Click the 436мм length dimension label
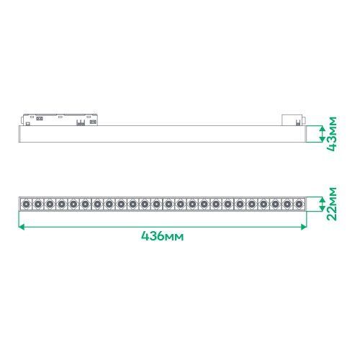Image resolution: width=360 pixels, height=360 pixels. pyautogui.click(x=162, y=236)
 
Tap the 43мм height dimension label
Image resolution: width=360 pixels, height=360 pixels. pyautogui.click(x=332, y=134)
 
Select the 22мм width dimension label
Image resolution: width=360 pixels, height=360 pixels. pyautogui.click(x=332, y=204)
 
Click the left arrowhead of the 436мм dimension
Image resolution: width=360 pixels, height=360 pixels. pyautogui.click(x=22, y=227)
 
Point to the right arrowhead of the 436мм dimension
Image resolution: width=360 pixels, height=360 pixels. pyautogui.click(x=304, y=227)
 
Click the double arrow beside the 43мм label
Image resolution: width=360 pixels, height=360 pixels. pyautogui.click(x=323, y=134)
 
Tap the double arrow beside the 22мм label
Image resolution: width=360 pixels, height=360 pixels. pyautogui.click(x=323, y=204)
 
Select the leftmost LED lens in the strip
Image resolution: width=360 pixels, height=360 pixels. pyautogui.click(x=25, y=204)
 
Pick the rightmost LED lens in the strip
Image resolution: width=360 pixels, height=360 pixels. pyautogui.click(x=299, y=204)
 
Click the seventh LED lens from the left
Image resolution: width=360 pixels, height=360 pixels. pyautogui.click(x=97, y=204)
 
